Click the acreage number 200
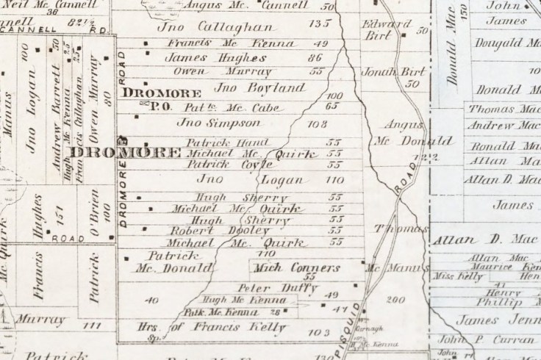[x=395, y=300]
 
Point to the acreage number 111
[x=92, y=324]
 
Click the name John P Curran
[x=486, y=339]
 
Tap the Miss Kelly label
[x=452, y=276]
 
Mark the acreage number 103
[x=318, y=333]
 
